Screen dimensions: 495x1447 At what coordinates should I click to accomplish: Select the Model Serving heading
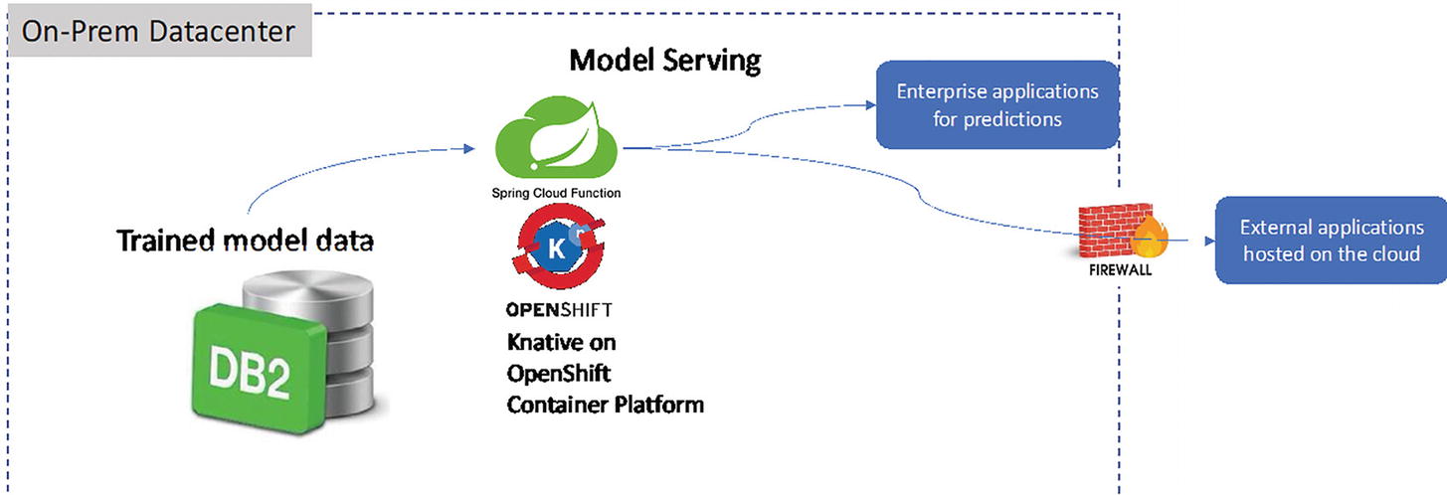point(664,62)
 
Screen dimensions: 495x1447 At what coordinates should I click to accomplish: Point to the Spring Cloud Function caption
point(557,193)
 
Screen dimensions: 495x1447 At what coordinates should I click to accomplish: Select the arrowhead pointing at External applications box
point(1206,241)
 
